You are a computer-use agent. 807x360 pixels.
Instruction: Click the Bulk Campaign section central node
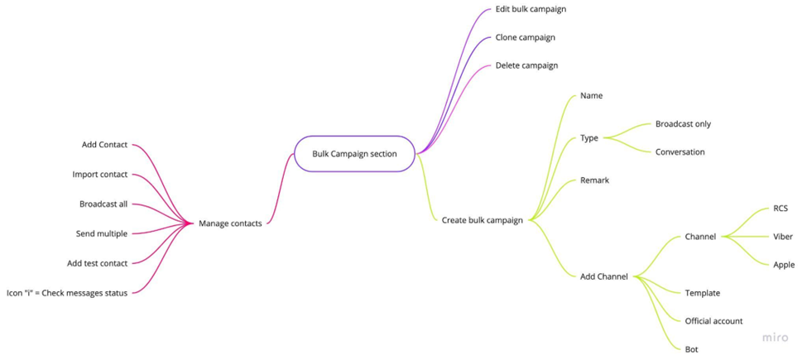[x=354, y=153]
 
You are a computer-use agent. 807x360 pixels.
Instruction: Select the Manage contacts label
[x=230, y=223]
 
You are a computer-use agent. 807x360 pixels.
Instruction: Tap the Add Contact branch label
[x=104, y=145]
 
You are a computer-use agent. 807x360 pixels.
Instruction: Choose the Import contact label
[x=100, y=175]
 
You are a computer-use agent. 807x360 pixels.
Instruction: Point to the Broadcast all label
[x=103, y=204]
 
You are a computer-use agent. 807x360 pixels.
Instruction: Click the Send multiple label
[x=102, y=234]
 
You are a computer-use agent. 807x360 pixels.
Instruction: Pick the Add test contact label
[x=98, y=264]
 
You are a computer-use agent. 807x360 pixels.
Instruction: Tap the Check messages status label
[x=67, y=293]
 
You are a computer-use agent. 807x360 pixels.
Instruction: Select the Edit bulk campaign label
[x=531, y=9]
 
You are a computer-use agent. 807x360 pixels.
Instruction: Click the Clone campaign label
[x=525, y=37]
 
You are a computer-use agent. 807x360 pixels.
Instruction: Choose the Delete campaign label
[x=526, y=65]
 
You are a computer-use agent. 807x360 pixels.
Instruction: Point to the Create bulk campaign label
[x=482, y=220]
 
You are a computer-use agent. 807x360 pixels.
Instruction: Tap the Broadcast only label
[x=683, y=124]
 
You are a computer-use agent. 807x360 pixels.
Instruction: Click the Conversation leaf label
[x=680, y=152]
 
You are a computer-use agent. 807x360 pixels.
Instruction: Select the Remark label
[x=594, y=180]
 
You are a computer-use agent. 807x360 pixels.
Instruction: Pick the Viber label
[x=783, y=237]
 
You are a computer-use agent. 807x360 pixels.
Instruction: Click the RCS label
[x=781, y=209]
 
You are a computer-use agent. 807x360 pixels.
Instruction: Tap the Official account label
[x=713, y=321]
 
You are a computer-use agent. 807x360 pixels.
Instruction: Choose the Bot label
[x=691, y=349]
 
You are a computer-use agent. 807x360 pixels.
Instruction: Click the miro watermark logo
[x=776, y=338]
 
